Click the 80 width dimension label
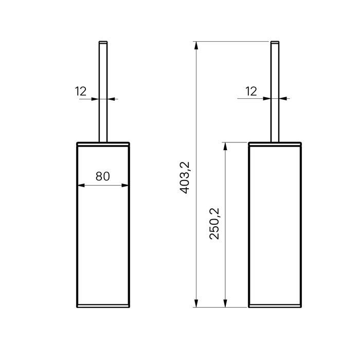102,176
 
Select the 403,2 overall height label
186,177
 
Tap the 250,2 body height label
214,223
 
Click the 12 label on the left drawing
80,92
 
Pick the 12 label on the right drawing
251,92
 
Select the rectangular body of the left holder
103,231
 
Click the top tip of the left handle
103,40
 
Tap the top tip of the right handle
275,40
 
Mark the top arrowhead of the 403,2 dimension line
195,44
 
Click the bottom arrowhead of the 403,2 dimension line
195,304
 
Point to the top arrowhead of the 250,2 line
224,146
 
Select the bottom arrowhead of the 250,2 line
224,304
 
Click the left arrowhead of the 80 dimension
79,186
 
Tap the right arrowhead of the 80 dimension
127,186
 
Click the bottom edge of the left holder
103,308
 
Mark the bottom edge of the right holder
275,308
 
